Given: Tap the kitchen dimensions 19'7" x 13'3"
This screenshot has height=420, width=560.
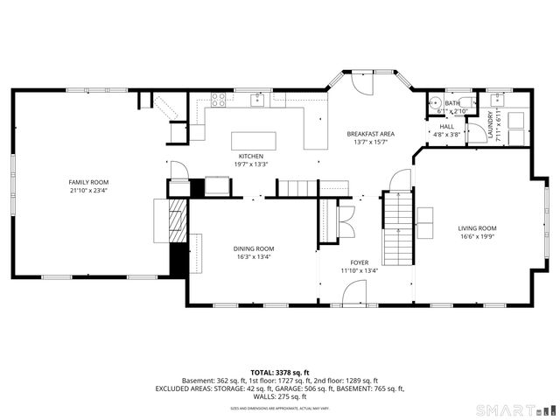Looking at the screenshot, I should (250, 164).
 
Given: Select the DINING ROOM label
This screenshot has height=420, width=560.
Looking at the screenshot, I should (254, 248).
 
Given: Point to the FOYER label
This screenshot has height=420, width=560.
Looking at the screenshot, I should (360, 262).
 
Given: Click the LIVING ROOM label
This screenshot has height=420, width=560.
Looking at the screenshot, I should (477, 228).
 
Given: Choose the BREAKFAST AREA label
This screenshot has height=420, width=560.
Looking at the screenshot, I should (370, 134).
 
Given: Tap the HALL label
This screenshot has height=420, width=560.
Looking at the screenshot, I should (446, 126).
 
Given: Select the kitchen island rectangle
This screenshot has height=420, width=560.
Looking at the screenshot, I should (253, 141).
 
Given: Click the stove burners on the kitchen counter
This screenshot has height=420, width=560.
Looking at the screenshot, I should (218, 100).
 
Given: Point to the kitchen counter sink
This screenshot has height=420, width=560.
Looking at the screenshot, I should (258, 100).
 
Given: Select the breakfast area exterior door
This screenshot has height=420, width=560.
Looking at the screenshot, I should (360, 84).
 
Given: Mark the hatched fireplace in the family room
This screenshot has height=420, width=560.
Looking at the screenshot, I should (178, 218).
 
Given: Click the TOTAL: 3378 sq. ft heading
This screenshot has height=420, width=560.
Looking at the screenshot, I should (279, 372).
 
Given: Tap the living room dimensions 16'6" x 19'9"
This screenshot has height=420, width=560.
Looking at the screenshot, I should (477, 236).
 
